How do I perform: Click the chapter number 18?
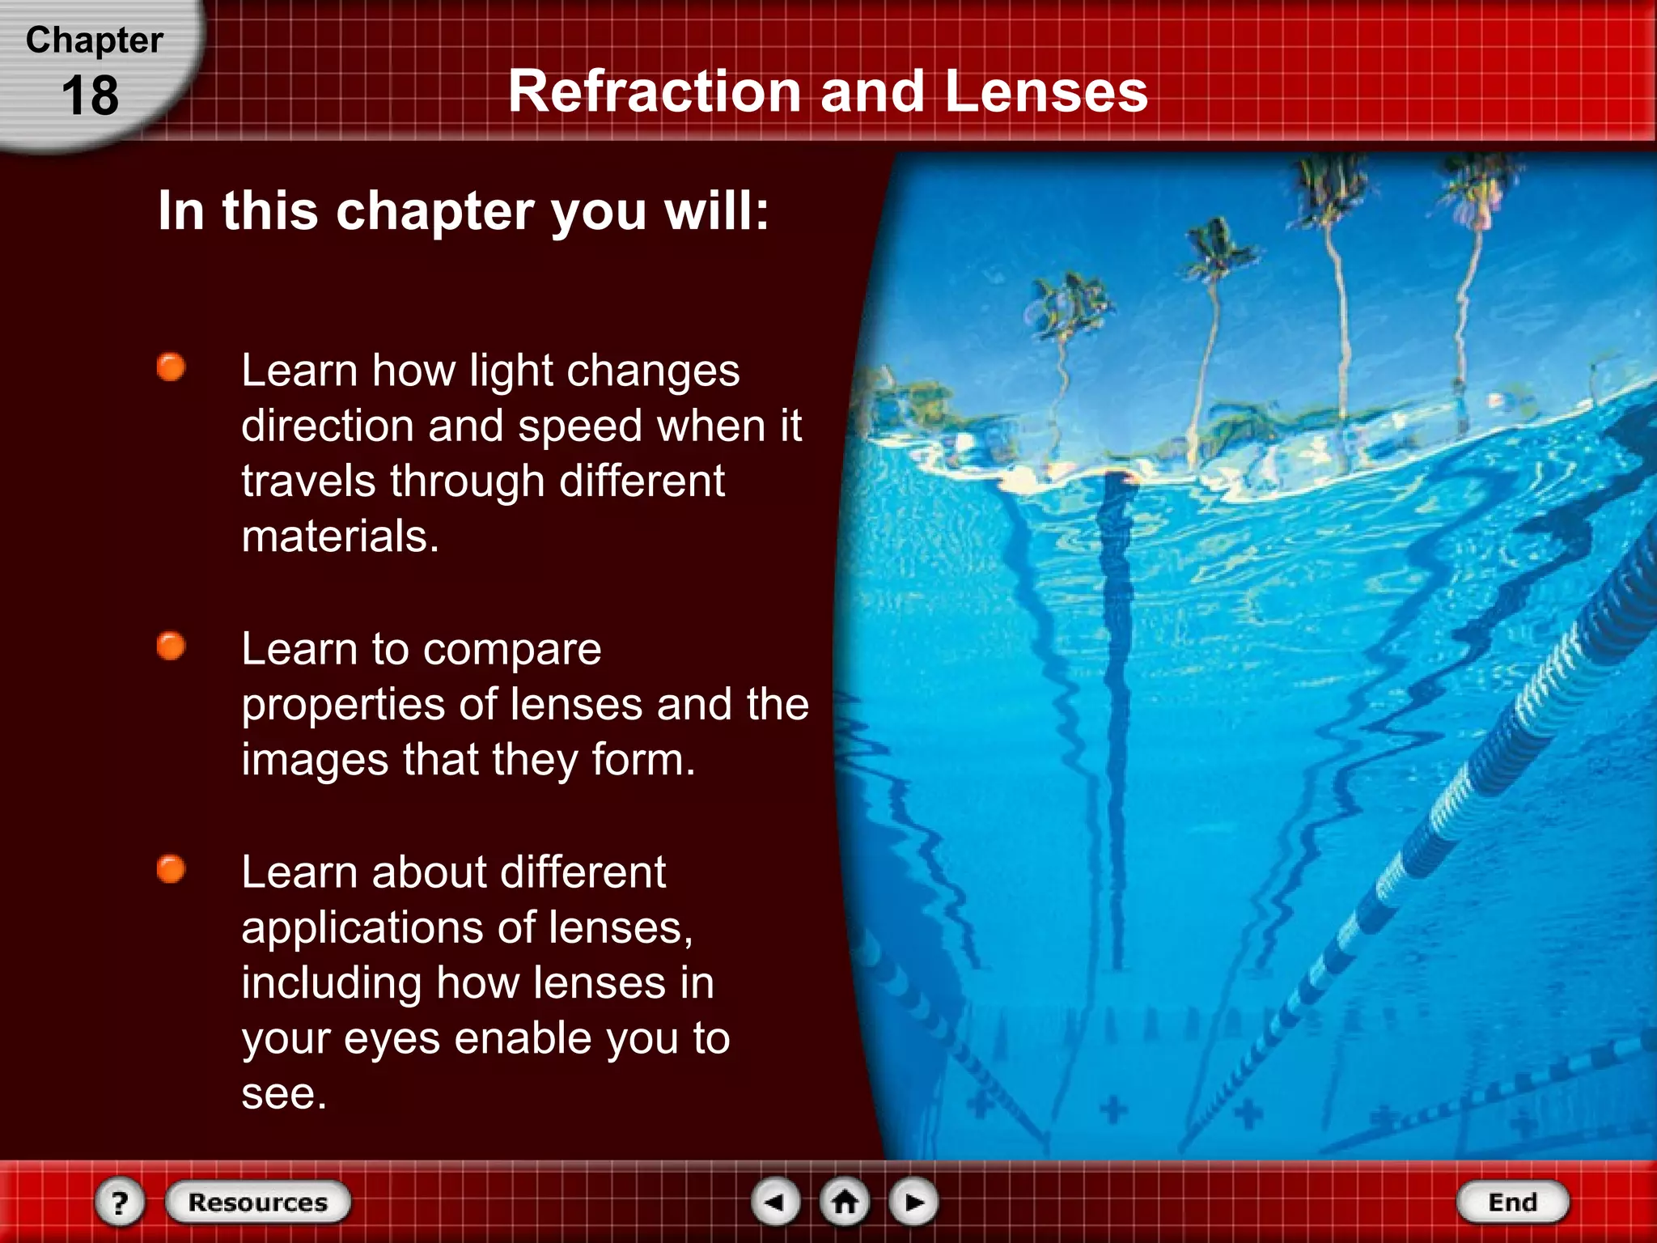click(x=90, y=95)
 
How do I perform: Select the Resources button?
click(x=258, y=1202)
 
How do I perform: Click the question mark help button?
click(x=120, y=1203)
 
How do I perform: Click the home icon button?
click(x=845, y=1202)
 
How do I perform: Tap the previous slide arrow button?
click(x=776, y=1202)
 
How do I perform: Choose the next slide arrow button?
click(x=913, y=1202)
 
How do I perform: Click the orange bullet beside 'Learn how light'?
click(x=171, y=367)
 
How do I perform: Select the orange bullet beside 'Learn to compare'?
click(x=171, y=647)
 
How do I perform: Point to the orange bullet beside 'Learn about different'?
click(x=171, y=870)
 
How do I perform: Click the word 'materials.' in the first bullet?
click(x=340, y=536)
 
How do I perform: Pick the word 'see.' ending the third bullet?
click(x=284, y=1093)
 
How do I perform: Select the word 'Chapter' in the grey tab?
click(x=94, y=40)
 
